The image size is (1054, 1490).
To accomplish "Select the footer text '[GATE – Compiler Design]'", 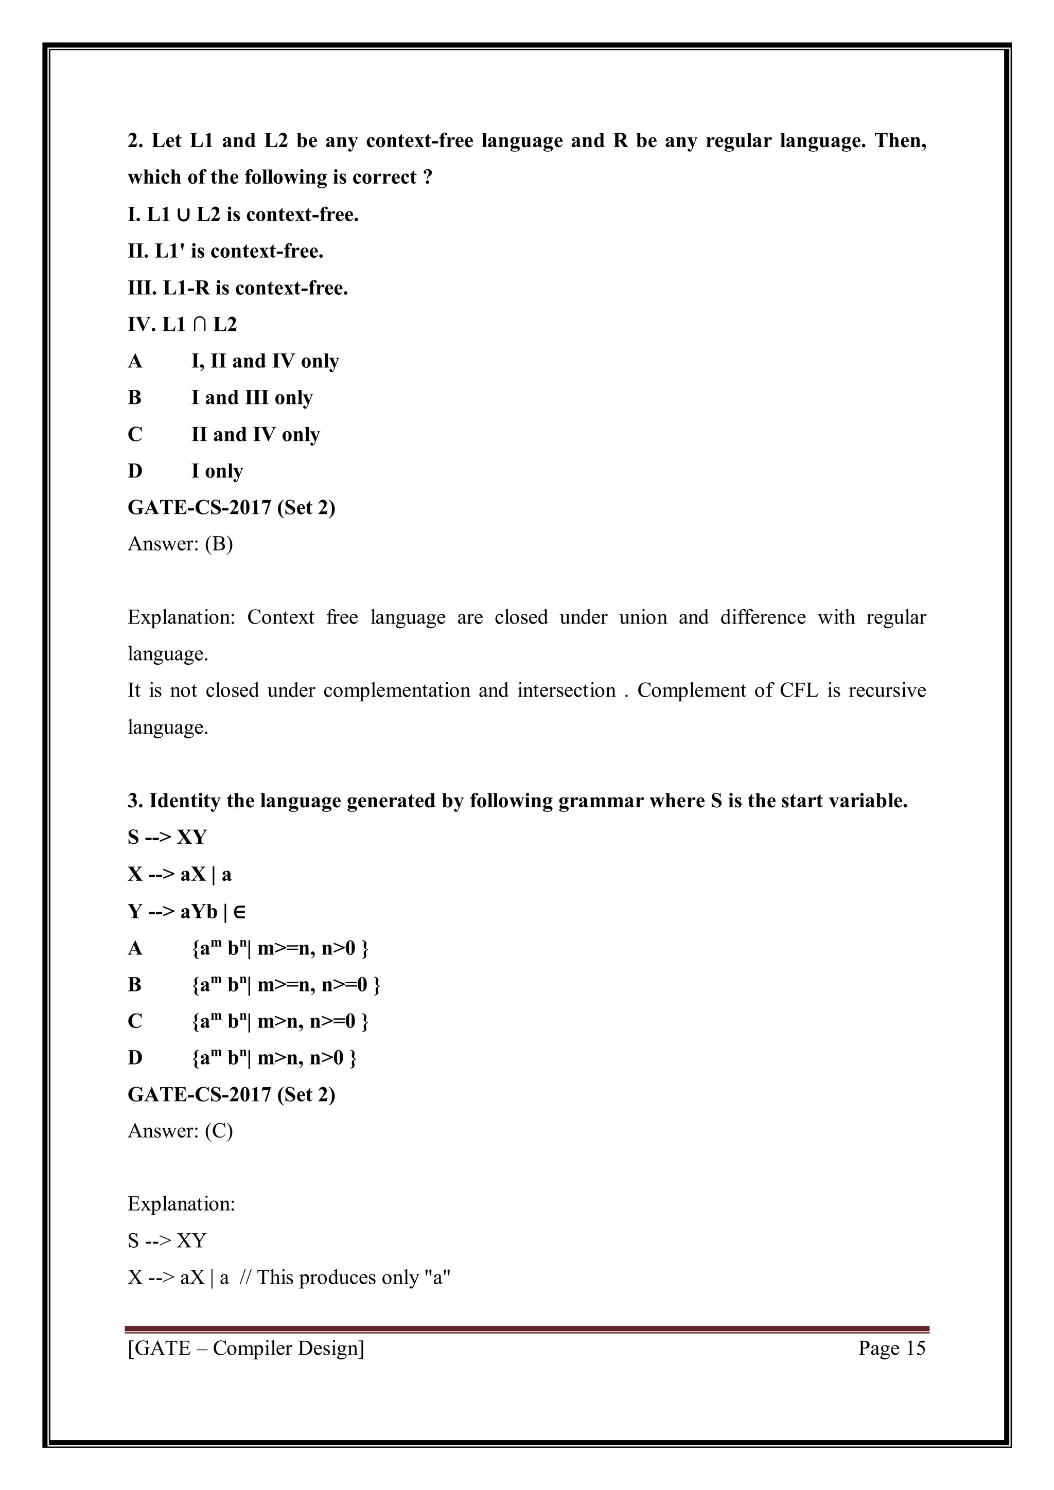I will pos(246,1348).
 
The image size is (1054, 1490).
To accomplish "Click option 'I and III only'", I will pos(252,397).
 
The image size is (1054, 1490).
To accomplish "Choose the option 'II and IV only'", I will pos(255,434).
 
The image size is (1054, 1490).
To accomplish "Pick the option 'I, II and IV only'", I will pos(265,361).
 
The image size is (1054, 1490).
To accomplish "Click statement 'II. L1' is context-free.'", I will pos(225,251).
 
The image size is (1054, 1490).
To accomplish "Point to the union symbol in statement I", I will pos(183,215).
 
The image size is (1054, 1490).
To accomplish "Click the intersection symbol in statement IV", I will pos(199,325).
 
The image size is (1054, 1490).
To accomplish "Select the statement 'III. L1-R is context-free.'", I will pos(238,288).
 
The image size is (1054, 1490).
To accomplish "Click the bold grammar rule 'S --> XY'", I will pos(167,837).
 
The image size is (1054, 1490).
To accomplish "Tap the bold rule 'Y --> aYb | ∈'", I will pos(186,911).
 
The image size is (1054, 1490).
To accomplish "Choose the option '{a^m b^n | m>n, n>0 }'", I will pos(274,1057).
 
